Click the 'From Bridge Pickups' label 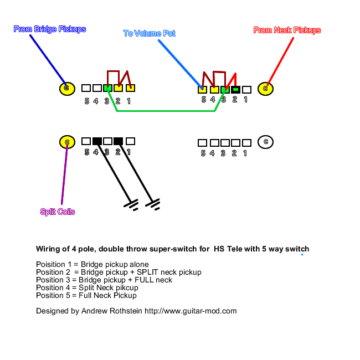(50, 29)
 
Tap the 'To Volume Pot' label (149, 33)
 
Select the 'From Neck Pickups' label (287, 30)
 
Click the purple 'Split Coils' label (58, 212)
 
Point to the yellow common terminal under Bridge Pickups (66, 88)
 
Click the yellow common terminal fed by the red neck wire (266, 88)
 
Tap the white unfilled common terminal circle (266, 142)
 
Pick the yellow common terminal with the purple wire (66, 142)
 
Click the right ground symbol (153, 204)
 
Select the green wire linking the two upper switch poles (166, 111)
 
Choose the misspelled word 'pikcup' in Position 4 (127, 287)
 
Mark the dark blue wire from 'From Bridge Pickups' (47, 58)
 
